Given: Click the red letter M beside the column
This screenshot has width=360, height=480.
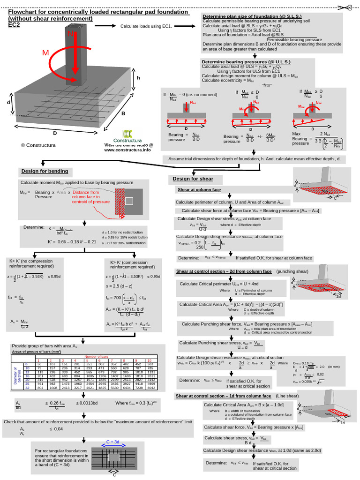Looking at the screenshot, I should coord(45,53).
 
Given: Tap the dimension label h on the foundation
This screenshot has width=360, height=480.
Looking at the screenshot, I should coord(138,78).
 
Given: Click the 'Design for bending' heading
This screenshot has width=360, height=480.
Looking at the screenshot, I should coord(45,171).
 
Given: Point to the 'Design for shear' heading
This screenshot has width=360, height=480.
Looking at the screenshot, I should coord(193,179).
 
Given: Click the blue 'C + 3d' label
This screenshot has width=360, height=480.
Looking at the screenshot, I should coord(112,442).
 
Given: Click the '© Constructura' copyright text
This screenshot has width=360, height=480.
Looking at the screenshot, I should coord(38,145).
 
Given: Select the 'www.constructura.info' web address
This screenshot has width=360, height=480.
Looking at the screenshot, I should coord(127,150).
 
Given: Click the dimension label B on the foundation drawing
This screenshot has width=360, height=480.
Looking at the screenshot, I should coord(123,113).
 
